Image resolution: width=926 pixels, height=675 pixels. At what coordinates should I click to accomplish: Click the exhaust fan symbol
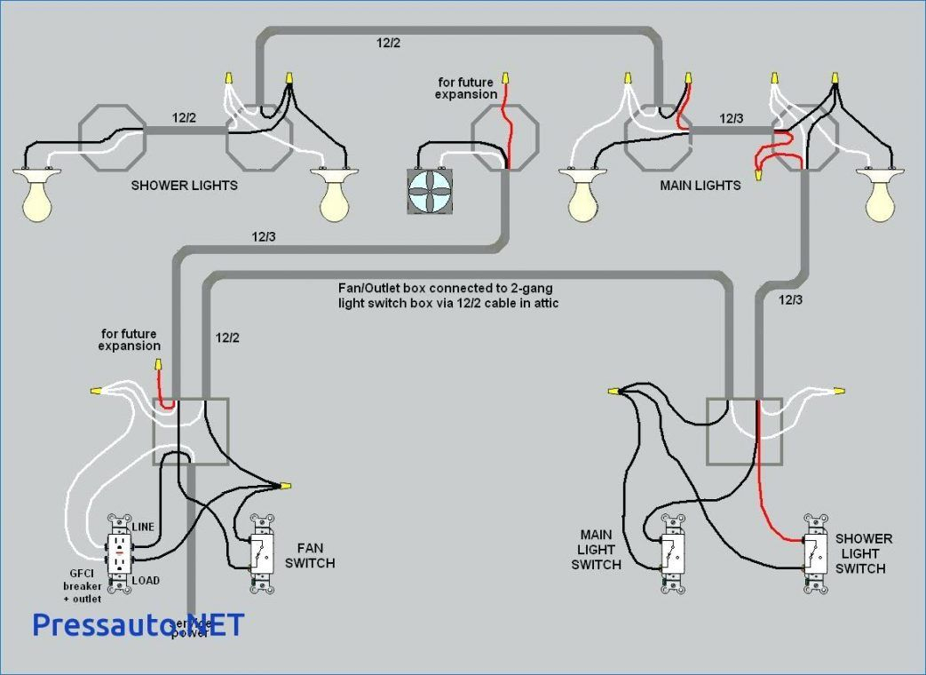[430, 191]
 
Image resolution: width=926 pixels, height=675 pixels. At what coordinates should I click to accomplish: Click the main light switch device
[673, 554]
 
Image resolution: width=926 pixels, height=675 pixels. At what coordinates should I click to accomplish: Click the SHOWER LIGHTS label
[184, 186]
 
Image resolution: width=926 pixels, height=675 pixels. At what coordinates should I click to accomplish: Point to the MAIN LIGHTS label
[700, 186]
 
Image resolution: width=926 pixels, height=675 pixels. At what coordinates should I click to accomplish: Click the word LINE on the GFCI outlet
[144, 527]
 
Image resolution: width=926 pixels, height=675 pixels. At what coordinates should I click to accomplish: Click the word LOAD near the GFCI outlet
[146, 581]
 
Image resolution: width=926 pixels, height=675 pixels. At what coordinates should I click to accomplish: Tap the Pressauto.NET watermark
[138, 624]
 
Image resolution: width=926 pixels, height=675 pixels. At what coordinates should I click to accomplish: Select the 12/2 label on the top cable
[389, 43]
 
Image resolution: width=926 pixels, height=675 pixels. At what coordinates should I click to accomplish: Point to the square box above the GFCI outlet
[191, 431]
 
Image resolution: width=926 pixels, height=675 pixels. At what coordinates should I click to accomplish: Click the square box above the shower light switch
[744, 431]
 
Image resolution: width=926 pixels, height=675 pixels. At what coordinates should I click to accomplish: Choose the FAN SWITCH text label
[315, 556]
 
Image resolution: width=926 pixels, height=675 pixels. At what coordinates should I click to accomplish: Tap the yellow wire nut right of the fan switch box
[286, 486]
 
